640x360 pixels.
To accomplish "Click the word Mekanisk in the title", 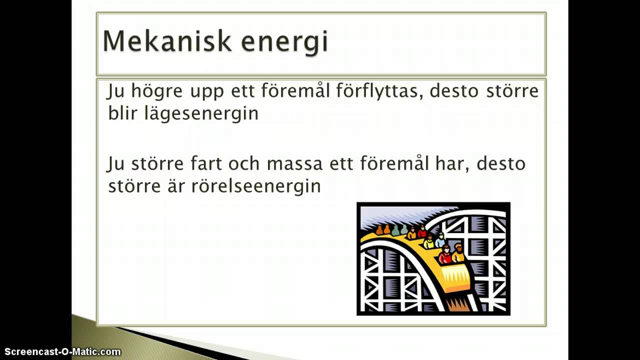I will coord(166,41).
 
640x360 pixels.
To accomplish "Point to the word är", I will coord(176,185).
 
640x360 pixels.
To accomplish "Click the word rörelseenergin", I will coord(256,186).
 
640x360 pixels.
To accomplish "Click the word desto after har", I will coord(501,164).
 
